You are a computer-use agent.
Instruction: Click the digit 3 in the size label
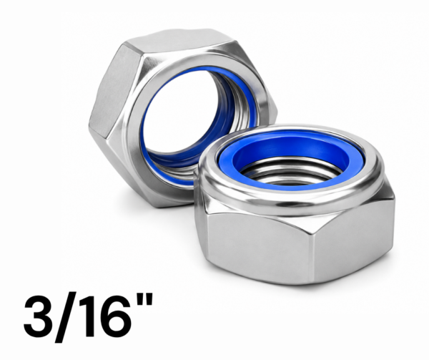(x=37, y=316)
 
